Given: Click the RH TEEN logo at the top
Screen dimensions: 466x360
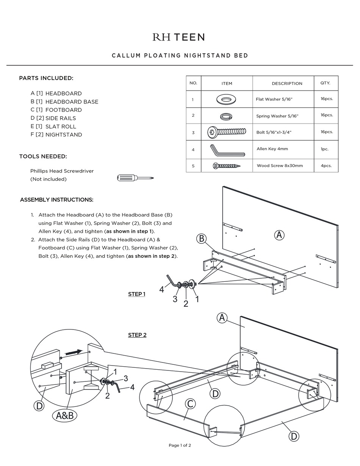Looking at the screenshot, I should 178,37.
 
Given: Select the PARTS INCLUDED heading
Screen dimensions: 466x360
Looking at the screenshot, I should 46,78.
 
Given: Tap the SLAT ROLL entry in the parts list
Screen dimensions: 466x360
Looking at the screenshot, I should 61,127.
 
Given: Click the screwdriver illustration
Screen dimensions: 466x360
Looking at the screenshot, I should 135,178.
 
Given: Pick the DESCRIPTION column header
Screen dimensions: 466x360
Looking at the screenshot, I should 287,83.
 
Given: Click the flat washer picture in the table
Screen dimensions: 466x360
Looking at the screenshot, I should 226,100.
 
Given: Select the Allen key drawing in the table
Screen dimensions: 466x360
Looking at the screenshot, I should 227,150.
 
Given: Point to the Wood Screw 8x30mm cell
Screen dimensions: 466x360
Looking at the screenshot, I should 280,166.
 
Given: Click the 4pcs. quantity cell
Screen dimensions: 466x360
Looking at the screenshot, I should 326,166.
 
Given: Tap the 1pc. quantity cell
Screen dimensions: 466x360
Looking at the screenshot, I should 324,149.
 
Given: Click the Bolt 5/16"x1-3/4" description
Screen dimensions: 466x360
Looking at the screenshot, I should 274,132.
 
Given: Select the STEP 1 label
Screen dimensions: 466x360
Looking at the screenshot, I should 137,294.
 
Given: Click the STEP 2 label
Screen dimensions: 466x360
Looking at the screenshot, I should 137,335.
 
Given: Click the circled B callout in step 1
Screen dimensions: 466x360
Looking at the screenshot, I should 202,238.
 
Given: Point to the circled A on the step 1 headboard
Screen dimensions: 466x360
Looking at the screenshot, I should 279,235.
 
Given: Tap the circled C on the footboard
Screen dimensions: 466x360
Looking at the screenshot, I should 190,404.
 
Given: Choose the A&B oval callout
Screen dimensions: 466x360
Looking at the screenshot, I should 65,416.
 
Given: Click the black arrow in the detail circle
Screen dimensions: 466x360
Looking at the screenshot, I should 74,353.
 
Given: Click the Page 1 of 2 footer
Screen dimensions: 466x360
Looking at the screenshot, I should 180,446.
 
